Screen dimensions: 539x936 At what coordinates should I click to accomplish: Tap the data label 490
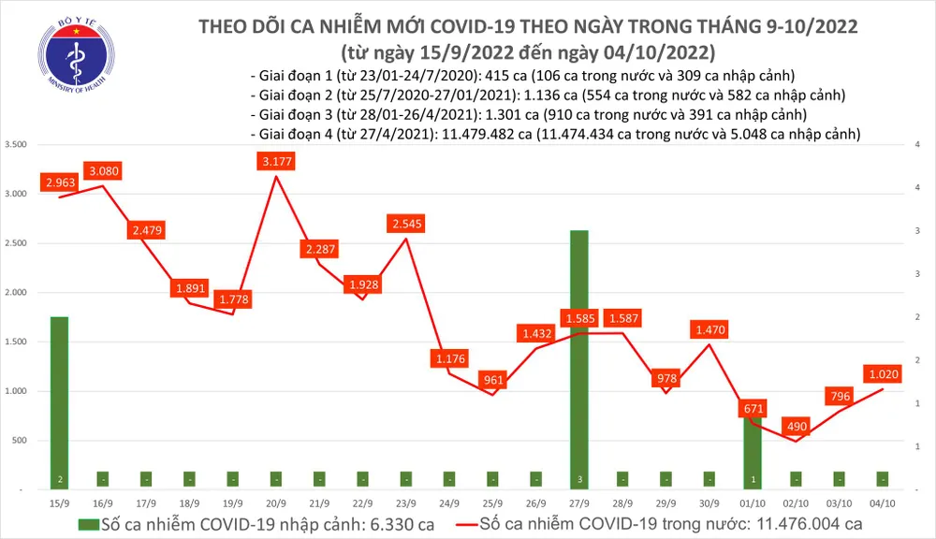click(797, 425)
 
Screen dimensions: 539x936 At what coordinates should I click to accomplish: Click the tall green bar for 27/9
click(579, 356)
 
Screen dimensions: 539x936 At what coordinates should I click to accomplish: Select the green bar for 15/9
click(59, 402)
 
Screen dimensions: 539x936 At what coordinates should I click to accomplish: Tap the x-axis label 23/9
click(406, 503)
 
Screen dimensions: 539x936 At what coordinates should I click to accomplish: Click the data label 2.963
click(59, 182)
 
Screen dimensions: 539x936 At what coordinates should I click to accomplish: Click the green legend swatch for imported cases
click(88, 522)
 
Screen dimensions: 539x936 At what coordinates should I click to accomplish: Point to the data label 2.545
click(406, 224)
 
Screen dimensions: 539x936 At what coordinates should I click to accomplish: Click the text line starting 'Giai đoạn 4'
click(556, 135)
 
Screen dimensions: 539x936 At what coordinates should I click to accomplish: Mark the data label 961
click(492, 380)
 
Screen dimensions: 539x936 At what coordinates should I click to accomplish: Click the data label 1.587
click(622, 318)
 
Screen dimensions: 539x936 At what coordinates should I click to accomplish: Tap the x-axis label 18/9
click(189, 503)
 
